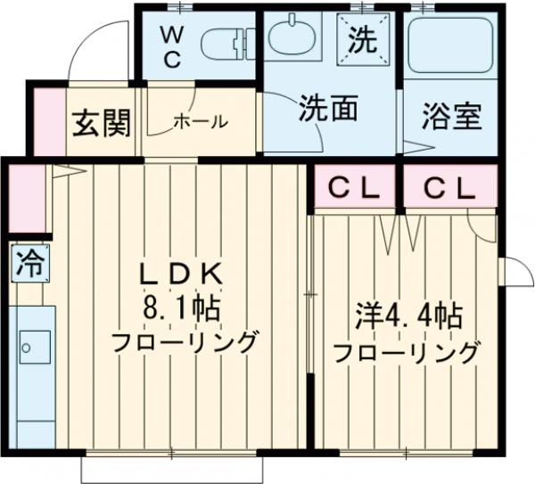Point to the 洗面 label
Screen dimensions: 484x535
point(327,110)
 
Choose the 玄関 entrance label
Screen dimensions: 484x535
point(100,123)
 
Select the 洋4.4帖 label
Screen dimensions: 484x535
point(406,316)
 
